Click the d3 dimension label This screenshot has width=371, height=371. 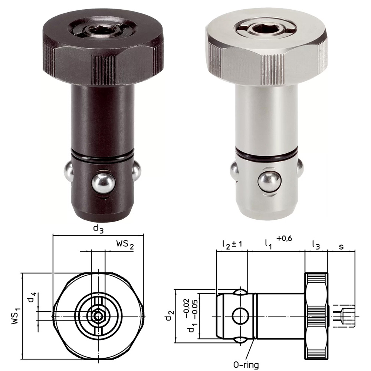tap(98, 229)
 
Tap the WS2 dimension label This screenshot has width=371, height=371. tap(124, 245)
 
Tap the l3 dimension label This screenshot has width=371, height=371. tap(316, 244)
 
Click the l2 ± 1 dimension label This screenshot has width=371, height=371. tap(232, 244)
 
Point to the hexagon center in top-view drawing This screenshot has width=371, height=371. tap(98, 316)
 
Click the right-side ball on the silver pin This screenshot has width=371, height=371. tap(299, 169)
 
